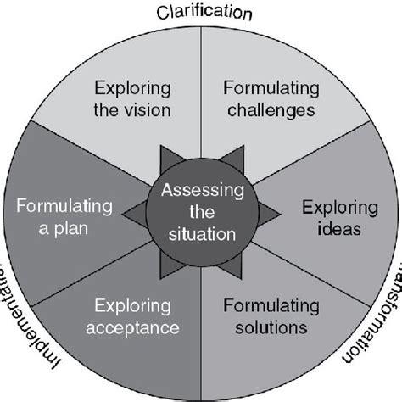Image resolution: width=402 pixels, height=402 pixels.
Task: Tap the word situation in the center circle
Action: (202, 230)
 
